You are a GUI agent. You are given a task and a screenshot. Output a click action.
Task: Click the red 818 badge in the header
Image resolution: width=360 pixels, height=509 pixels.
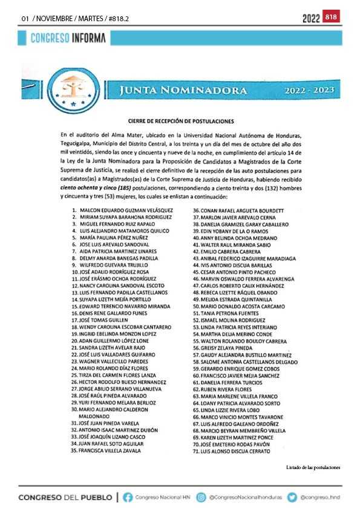332,18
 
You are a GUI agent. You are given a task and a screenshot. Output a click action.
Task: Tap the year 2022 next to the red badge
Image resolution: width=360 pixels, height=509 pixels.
311,18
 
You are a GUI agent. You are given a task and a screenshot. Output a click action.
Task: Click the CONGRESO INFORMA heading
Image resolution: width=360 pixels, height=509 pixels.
68,38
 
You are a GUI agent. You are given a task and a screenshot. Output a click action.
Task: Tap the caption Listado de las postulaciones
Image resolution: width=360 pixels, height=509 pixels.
313,467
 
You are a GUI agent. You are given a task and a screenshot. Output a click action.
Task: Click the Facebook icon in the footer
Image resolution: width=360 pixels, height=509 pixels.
128,498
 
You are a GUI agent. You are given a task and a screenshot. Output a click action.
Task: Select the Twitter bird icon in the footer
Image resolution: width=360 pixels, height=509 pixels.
292,498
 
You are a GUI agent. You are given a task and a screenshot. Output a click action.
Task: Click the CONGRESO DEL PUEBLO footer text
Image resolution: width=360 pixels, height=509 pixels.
65,498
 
